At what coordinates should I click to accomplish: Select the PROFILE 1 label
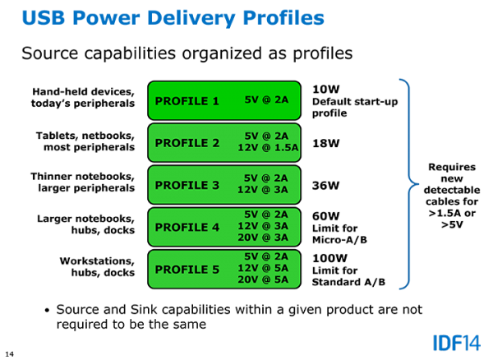187,101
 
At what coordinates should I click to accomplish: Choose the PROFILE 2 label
187,143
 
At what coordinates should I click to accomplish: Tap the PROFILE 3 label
187,185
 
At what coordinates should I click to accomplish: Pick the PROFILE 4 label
187,227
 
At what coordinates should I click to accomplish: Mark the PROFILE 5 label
187,269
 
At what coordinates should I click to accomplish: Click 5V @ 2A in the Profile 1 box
266,100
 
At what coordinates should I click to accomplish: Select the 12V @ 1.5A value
268,148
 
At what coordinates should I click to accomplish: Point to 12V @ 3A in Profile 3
263,190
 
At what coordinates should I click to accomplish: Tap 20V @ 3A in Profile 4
263,238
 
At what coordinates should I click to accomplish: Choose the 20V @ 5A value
263,279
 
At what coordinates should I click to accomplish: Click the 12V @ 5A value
263,268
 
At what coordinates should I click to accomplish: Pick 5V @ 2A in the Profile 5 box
266,256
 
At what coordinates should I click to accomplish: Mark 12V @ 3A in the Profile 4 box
263,226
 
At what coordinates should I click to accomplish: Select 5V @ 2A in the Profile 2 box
266,136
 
